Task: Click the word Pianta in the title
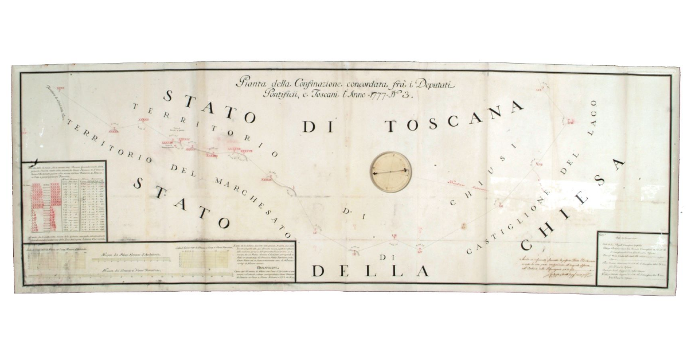(x=255, y=84)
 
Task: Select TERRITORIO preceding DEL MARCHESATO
(x=108, y=143)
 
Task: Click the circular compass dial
(x=390, y=171)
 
